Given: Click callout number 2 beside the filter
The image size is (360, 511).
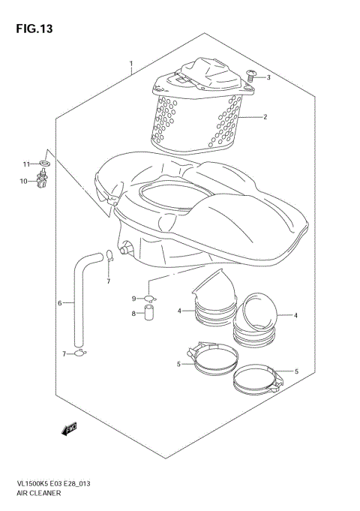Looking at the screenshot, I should pyautogui.click(x=265, y=117).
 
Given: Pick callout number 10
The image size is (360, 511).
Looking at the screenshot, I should pyautogui.click(x=24, y=181).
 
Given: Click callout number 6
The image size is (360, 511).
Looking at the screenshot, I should pyautogui.click(x=59, y=303).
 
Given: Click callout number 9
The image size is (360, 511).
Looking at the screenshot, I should pyautogui.click(x=135, y=299).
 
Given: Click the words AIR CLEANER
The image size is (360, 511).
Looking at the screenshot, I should pyautogui.click(x=39, y=494).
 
